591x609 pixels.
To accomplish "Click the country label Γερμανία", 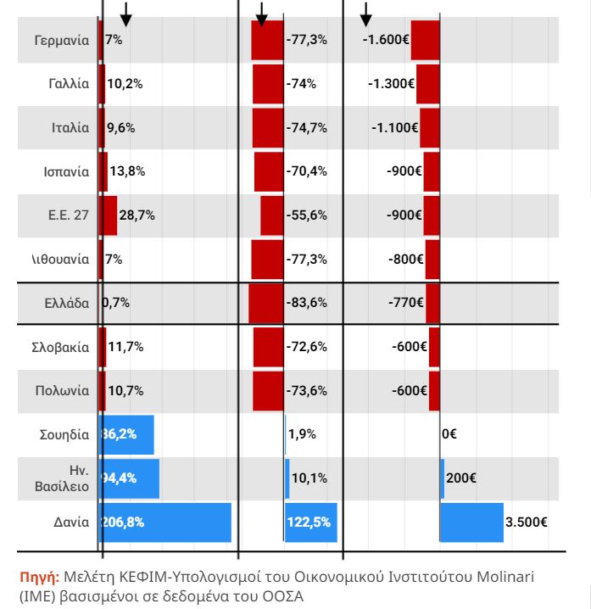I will click(x=61, y=40).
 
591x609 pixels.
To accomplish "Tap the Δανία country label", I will click(x=70, y=522).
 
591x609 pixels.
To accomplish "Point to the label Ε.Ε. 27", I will click(x=68, y=215).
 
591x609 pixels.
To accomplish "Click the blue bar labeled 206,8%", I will click(x=165, y=522).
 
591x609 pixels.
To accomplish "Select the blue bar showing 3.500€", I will click(x=471, y=522).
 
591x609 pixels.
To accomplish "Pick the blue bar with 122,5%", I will click(x=310, y=522).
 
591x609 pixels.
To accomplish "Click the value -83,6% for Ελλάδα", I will click(x=307, y=303).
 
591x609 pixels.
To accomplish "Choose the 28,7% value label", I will click(x=137, y=215).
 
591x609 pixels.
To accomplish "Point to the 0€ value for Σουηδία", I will click(x=449, y=434).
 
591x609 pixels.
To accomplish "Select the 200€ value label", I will click(x=460, y=478).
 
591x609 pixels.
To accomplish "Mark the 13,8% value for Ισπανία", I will click(x=127, y=171).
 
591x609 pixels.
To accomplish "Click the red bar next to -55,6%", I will click(x=271, y=215).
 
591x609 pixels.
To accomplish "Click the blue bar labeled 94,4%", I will click(x=129, y=478).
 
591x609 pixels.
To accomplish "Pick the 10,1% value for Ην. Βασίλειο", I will click(x=308, y=478).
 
